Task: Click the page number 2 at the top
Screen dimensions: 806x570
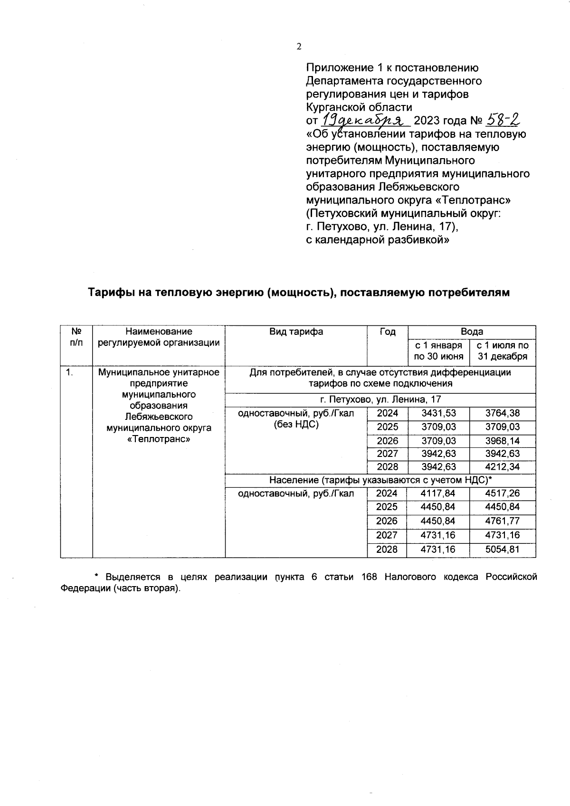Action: (x=299, y=47)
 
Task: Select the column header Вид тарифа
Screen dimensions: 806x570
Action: (x=296, y=332)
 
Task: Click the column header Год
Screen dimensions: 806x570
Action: (x=388, y=332)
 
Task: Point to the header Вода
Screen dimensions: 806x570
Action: (x=472, y=332)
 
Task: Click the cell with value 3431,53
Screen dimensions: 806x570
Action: (x=438, y=414)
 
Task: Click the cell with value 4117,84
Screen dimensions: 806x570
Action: (x=438, y=493)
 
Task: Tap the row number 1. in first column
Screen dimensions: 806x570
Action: (x=70, y=372)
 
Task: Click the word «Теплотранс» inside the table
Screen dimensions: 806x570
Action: (x=159, y=439)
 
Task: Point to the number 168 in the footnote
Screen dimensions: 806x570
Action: (x=369, y=577)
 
